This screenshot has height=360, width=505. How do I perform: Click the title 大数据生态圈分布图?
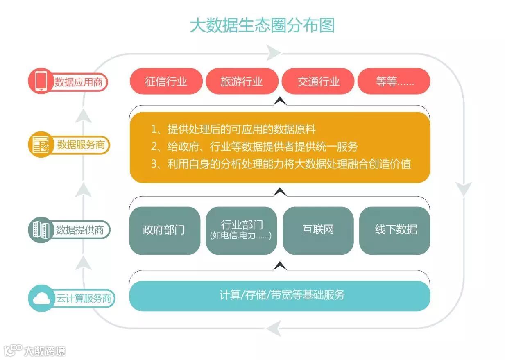pos(262,25)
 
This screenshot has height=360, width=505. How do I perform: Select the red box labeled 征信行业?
pos(166,82)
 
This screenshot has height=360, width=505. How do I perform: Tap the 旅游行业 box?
pos(242,82)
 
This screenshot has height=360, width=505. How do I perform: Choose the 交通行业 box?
pos(318,82)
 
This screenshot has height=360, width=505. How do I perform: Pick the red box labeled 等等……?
pos(394,82)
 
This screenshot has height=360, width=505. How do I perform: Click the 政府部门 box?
pos(164,230)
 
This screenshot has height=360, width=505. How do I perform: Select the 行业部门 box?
pos(241,230)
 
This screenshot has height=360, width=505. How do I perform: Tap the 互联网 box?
pos(318,230)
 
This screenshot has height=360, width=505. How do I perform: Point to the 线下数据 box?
pos(395,230)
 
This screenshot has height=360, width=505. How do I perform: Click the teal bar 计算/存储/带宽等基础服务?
pos(280,295)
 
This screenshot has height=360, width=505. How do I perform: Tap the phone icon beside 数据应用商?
pos(40,81)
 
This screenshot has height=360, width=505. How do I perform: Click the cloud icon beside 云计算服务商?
pos(41,299)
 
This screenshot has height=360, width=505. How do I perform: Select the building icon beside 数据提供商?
pos(40,230)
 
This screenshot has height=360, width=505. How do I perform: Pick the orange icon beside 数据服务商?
pos(40,145)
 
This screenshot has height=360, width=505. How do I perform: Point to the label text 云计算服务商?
pos(84,299)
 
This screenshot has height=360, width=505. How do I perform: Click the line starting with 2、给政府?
pos(254,147)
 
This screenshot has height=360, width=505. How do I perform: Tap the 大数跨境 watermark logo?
pos(34,351)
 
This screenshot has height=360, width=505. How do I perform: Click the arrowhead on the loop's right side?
pos(464,189)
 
